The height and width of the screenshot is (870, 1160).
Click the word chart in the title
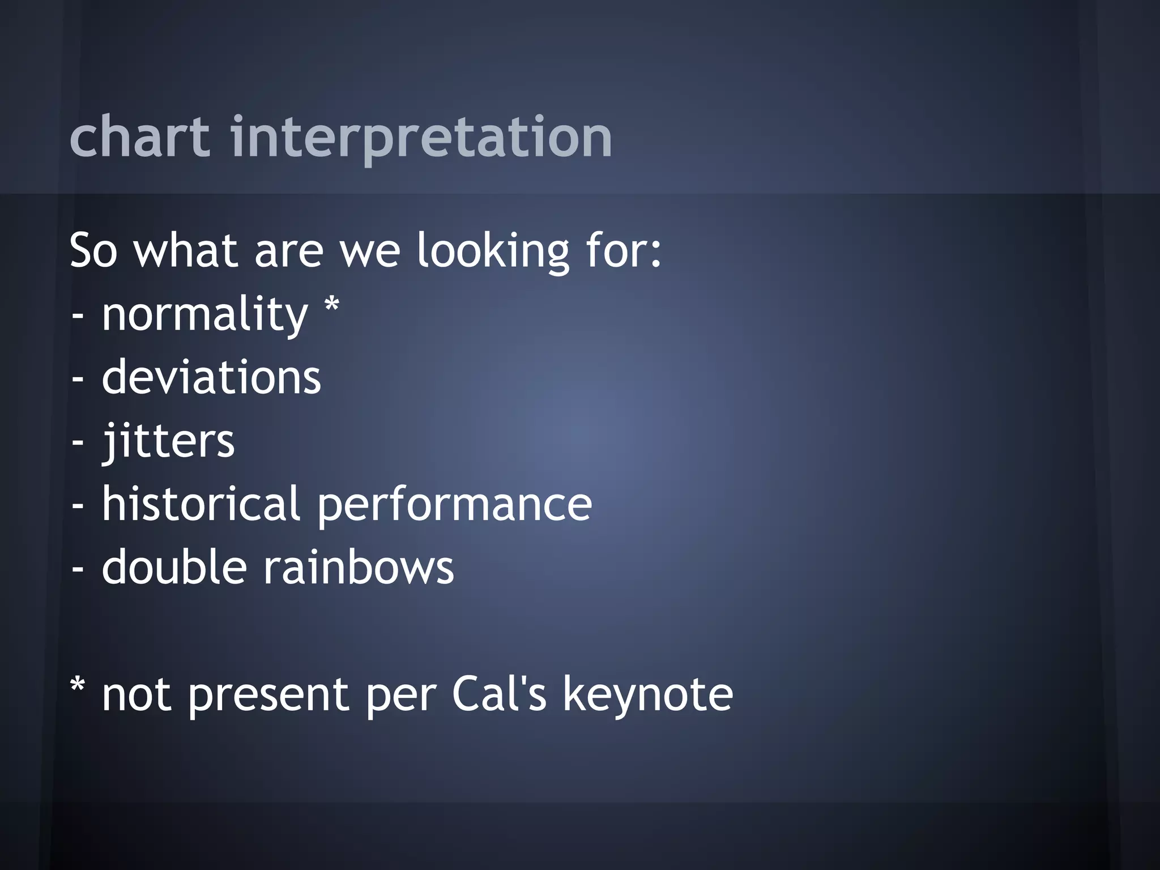point(139,137)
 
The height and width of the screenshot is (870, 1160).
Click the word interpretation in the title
point(421,137)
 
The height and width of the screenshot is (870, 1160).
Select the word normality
point(204,315)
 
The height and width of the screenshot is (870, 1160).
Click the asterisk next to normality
point(331,306)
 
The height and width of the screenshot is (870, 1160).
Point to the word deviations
point(211,378)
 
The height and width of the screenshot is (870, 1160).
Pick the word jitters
point(168,442)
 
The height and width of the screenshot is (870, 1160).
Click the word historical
point(201,504)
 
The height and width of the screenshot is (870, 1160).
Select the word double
point(174,567)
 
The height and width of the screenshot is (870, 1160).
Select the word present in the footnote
point(268,696)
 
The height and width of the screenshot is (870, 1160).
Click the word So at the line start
point(93,251)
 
